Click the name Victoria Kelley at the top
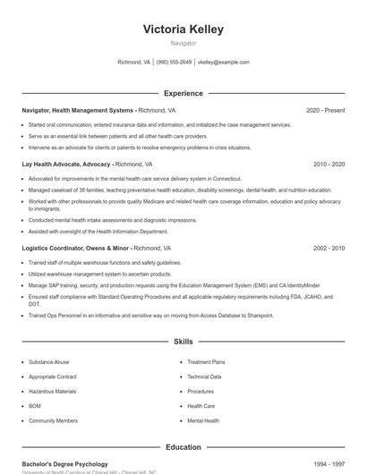(183, 30)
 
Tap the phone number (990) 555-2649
(174, 63)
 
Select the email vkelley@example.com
(223, 63)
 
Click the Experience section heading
(183, 93)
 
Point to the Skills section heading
(183, 342)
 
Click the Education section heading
(183, 447)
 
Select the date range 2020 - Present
(325, 110)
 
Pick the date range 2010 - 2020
(329, 165)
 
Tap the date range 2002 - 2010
(329, 248)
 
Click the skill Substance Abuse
(48, 362)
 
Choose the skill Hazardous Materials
(52, 391)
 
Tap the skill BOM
(35, 405)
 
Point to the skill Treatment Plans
(206, 362)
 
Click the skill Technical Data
(204, 377)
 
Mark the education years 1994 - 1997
(329, 464)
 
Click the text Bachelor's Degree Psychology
(64, 464)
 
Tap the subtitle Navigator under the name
(183, 43)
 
